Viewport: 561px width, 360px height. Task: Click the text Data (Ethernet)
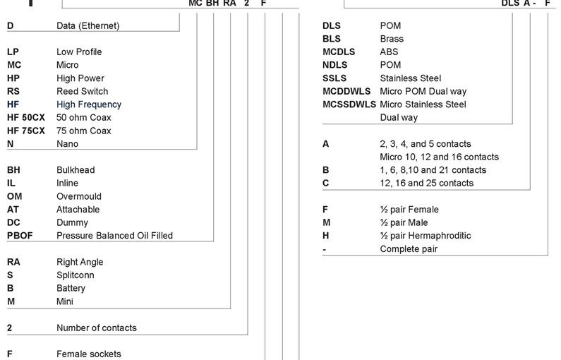(x=88, y=26)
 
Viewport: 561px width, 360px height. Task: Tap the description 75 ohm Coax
(x=83, y=131)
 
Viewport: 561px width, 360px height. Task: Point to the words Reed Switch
(x=82, y=91)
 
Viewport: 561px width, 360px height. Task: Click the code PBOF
(x=20, y=235)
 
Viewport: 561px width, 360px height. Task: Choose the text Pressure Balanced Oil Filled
(x=114, y=235)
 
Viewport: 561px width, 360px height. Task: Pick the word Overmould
(x=79, y=196)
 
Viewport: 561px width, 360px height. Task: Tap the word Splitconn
(x=75, y=275)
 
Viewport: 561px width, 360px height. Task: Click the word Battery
(x=71, y=288)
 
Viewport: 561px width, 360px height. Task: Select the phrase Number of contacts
(x=97, y=328)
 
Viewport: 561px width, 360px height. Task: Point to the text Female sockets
(x=89, y=354)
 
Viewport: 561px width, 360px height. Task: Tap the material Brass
(x=392, y=39)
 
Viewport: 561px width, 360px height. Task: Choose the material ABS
(x=390, y=52)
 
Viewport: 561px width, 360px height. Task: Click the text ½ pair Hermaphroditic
(x=425, y=235)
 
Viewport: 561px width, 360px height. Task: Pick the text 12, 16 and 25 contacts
(x=426, y=183)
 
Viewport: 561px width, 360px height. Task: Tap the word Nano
(x=67, y=144)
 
